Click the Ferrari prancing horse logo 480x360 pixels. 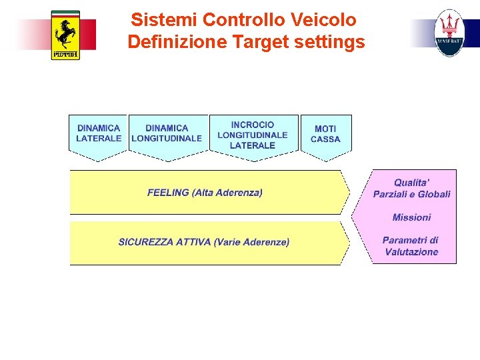pos(65,35)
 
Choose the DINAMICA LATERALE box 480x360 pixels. pos(99,134)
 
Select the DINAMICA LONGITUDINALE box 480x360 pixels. pos(167,134)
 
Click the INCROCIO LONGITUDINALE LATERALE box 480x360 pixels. pos(253,135)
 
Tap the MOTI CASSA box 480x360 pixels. pos(325,134)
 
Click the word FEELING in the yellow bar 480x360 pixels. pos(168,193)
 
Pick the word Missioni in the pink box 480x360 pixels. pos(411,217)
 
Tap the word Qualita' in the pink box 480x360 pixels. pos(411,183)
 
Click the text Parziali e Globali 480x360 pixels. pos(411,194)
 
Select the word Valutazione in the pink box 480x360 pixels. pos(411,252)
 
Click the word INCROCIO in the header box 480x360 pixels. pos(253,125)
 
